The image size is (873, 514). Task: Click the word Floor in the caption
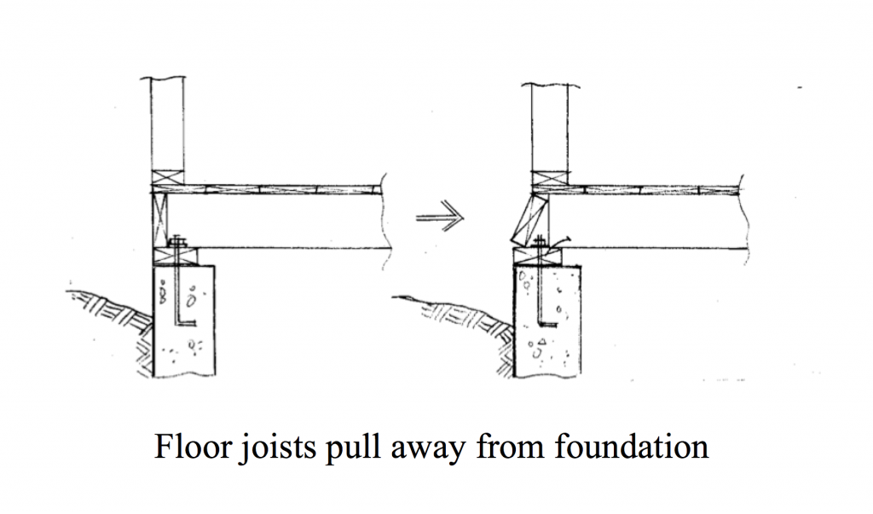pyautogui.click(x=193, y=446)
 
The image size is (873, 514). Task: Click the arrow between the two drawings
pyautogui.click(x=440, y=216)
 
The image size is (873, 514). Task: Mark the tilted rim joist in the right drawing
pyautogui.click(x=529, y=220)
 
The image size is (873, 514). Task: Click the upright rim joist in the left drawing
pyautogui.click(x=159, y=220)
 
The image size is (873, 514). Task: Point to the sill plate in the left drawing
pyautogui.click(x=175, y=257)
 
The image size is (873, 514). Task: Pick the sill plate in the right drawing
pyautogui.click(x=537, y=257)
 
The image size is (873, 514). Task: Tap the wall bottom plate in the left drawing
pyautogui.click(x=168, y=178)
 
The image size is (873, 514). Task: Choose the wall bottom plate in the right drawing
pyautogui.click(x=550, y=179)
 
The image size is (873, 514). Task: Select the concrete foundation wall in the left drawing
pyautogui.click(x=183, y=321)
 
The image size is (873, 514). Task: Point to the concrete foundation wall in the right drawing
pyautogui.click(x=546, y=322)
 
